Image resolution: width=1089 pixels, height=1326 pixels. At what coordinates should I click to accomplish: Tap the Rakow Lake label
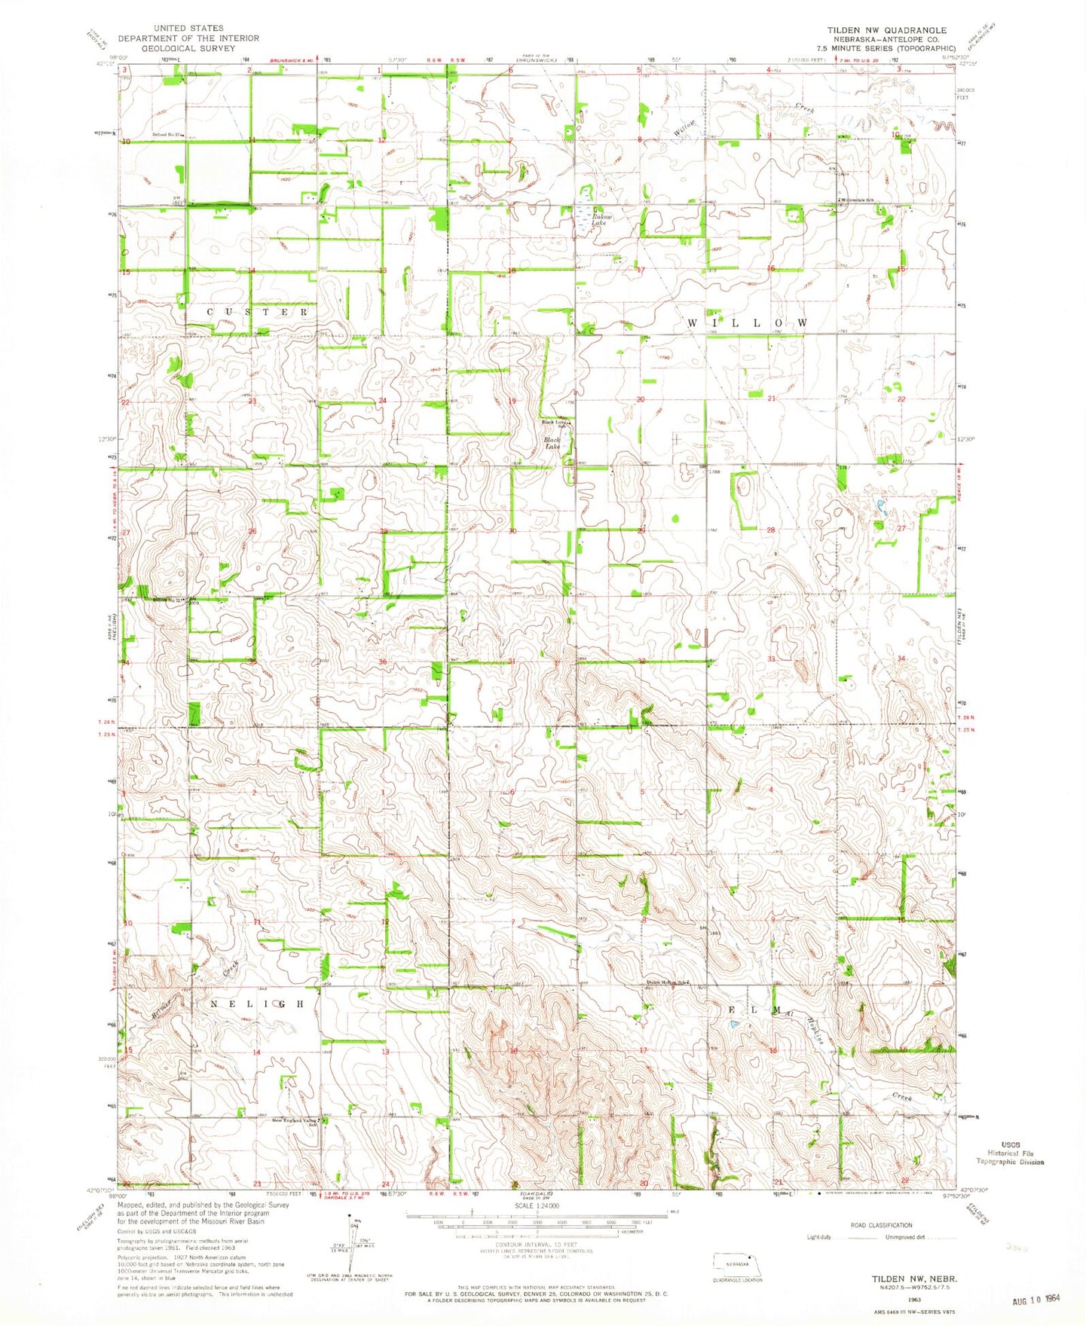[599, 219]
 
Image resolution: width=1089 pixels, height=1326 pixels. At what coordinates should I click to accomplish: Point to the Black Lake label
[552, 443]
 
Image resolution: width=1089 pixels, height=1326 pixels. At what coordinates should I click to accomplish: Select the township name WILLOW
[748, 322]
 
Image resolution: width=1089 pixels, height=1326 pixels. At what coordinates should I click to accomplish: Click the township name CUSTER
[258, 311]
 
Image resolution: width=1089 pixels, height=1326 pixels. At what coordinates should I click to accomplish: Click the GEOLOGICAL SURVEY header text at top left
[188, 48]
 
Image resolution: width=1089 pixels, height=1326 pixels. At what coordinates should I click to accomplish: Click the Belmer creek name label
[162, 1007]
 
